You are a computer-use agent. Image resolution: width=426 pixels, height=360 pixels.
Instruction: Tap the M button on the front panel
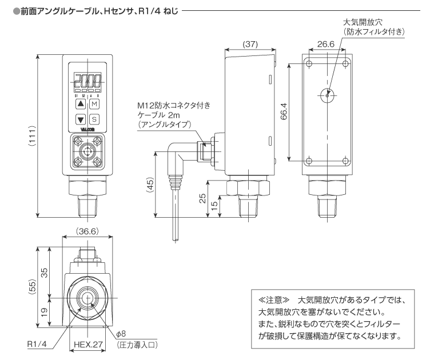coord(94,104)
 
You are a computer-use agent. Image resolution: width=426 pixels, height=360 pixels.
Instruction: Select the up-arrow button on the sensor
coord(80,104)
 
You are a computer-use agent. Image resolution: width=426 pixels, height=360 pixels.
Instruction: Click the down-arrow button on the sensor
coord(80,119)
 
